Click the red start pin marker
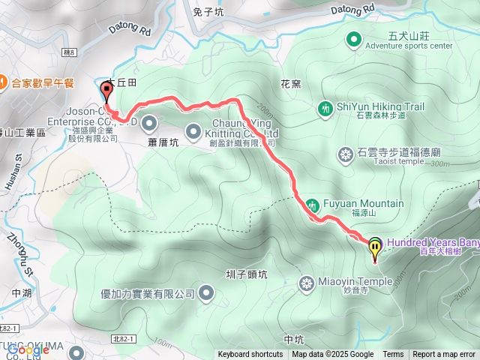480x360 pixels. pos(106,91)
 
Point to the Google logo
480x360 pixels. pos(28,349)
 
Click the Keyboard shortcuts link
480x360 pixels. pos(250,355)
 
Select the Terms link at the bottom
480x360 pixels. pos(393,355)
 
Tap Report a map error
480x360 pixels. pos(444,355)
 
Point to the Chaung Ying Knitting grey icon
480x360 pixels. pos(193,129)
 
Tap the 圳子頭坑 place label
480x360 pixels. pos(246,274)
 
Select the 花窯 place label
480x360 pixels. pos(290,85)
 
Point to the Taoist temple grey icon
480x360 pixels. pos(345,155)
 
